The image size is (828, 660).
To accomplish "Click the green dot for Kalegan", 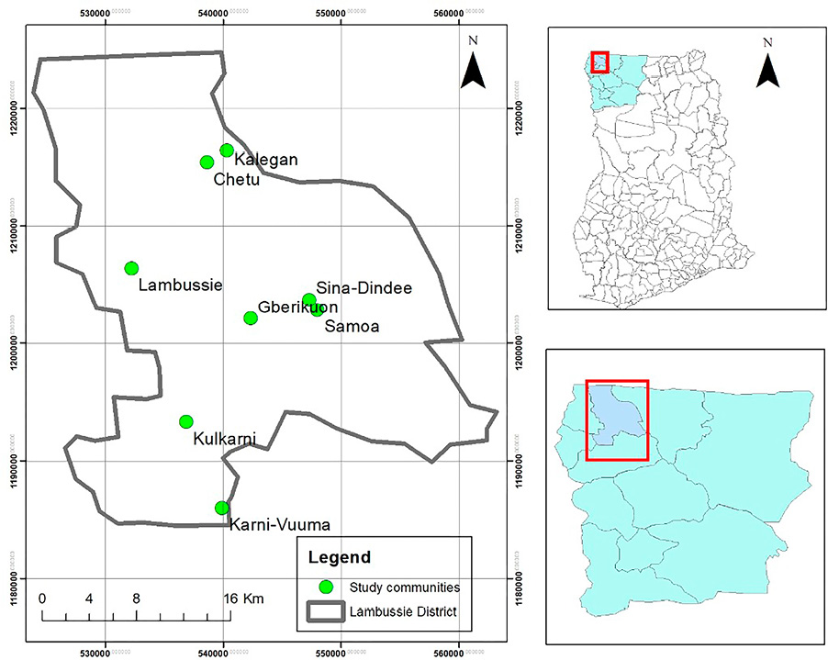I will tap(227, 151).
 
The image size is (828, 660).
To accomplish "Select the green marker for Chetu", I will tap(207, 162).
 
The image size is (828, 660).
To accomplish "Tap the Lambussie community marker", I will tap(131, 268).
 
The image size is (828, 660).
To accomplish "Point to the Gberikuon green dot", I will tap(251, 318).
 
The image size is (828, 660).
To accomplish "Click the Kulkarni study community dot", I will tap(186, 421).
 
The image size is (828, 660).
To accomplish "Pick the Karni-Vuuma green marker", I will tap(221, 508).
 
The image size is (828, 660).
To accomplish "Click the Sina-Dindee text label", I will tap(364, 288).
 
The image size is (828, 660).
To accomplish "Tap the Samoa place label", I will tap(352, 326).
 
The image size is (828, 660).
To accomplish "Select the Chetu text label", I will tap(237, 180).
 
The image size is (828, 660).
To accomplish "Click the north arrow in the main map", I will tap(473, 70).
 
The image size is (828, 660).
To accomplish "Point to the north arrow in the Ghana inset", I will tap(767, 70).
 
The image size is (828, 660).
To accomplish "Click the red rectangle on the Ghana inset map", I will tap(599, 62).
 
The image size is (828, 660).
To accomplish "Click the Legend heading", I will tap(340, 557).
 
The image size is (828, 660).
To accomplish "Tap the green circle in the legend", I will tap(324, 587).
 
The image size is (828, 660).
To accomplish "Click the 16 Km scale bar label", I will tap(244, 598).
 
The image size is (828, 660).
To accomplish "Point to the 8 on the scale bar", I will tap(136, 598).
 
